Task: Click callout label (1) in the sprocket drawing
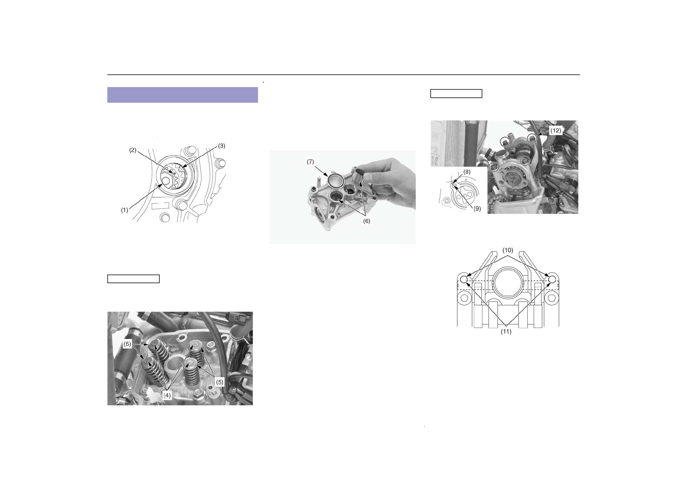point(124,210)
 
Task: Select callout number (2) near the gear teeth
point(133,150)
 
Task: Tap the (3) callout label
point(222,146)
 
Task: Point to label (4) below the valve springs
point(167,395)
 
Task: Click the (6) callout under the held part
point(366,221)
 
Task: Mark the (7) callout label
point(310,162)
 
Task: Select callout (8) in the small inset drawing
point(467,172)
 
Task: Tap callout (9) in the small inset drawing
point(477,209)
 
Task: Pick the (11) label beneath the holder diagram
point(506,332)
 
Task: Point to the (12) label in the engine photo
point(555,131)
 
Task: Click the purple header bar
point(183,95)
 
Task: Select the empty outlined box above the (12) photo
point(456,94)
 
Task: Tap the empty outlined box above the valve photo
point(133,279)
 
